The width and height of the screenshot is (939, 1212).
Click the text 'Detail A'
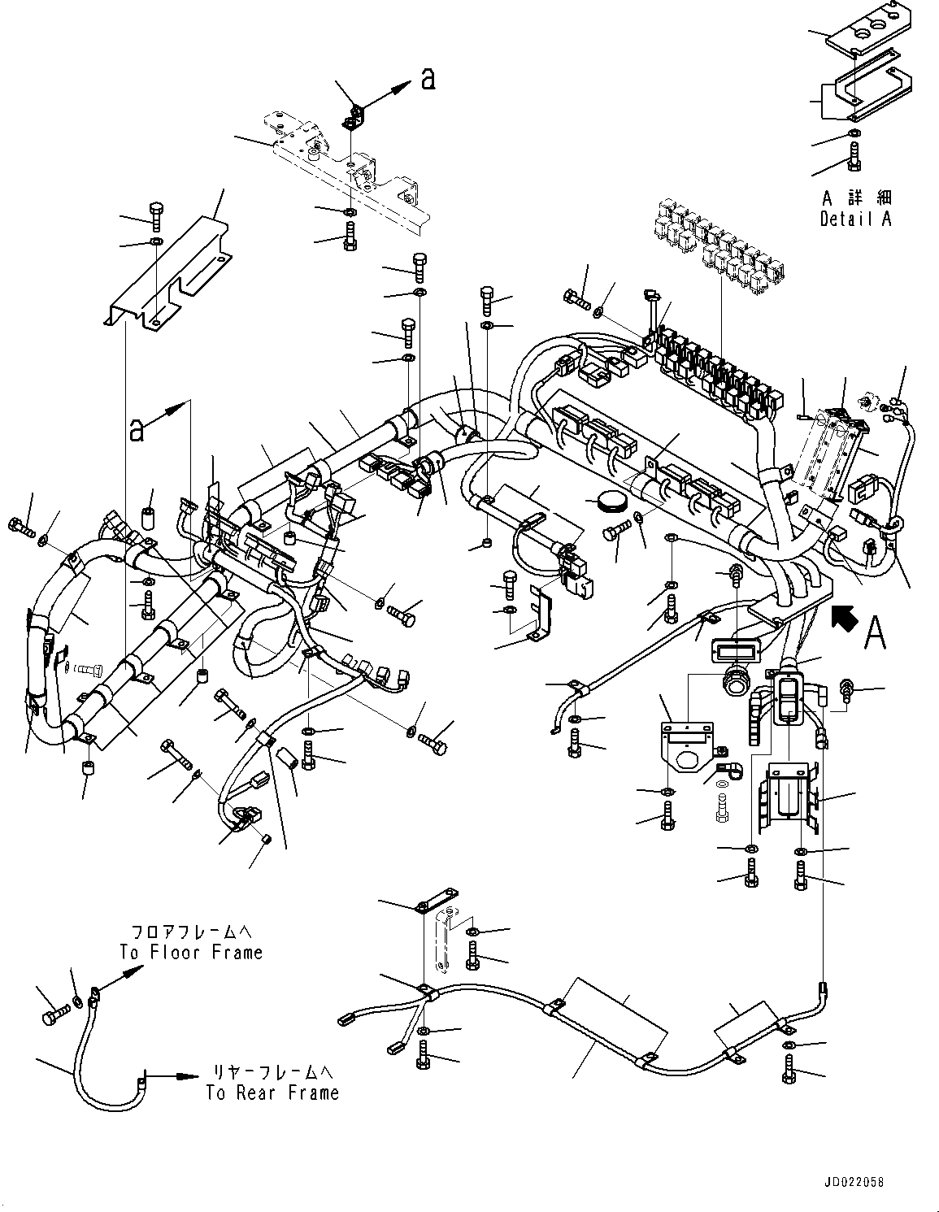(855, 219)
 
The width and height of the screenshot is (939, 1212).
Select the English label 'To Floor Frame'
(191, 952)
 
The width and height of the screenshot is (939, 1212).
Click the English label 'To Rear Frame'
(272, 1093)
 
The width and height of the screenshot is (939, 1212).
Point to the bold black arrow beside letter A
(846, 622)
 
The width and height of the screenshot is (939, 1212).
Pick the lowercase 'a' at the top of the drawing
(428, 78)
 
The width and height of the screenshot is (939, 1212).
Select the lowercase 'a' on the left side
(137, 428)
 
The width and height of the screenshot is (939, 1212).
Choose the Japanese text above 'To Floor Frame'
(190, 931)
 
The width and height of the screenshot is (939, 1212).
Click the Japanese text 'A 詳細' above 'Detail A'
(855, 198)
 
